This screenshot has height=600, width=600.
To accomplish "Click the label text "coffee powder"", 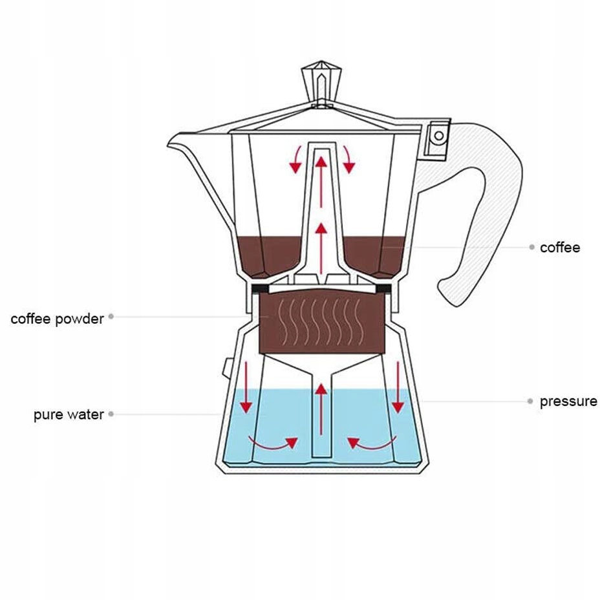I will point(57,319).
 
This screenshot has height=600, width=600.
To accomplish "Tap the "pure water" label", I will point(69,414).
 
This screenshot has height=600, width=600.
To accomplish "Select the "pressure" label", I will point(568,402).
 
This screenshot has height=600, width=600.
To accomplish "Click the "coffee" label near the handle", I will point(560,248).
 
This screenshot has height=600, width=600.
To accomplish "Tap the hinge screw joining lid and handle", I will point(439,136).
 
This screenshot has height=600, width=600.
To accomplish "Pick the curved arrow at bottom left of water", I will point(272,443).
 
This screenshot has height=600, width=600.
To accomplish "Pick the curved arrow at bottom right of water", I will point(372,443).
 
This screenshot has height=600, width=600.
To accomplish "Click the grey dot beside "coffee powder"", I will point(111,317).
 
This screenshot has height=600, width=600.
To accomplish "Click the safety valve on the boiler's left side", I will point(227,368).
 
